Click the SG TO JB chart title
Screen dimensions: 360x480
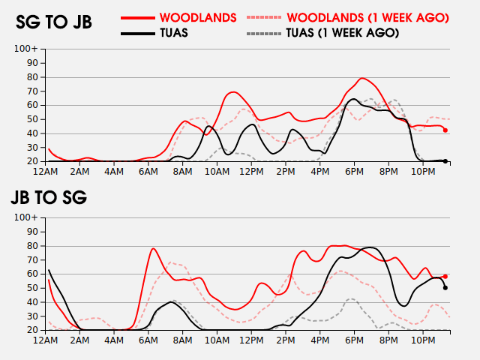[54, 22]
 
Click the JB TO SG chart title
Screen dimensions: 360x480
[49, 198]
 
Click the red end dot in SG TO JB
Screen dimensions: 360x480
[445, 130]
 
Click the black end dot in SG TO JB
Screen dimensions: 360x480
[445, 161]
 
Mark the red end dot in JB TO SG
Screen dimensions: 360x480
[445, 277]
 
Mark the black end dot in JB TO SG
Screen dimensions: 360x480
[445, 287]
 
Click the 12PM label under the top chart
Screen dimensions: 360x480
[251, 171]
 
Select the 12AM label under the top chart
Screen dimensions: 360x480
[46, 171]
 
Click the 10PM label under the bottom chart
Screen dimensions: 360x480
[424, 340]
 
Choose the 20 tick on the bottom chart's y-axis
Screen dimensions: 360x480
[33, 330]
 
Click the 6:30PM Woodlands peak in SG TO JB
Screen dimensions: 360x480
[362, 78]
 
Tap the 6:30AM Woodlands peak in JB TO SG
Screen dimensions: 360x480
[153, 248]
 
